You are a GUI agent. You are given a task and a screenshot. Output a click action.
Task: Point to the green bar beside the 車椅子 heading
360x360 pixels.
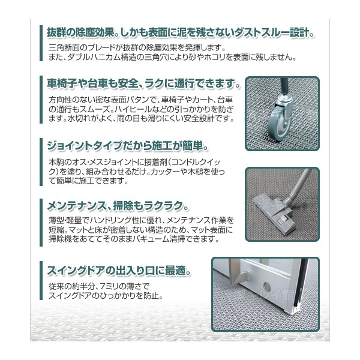pyautogui.click(x=41, y=82)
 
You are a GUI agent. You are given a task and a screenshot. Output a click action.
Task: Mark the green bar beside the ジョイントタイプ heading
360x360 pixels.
pyautogui.click(x=41, y=147)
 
